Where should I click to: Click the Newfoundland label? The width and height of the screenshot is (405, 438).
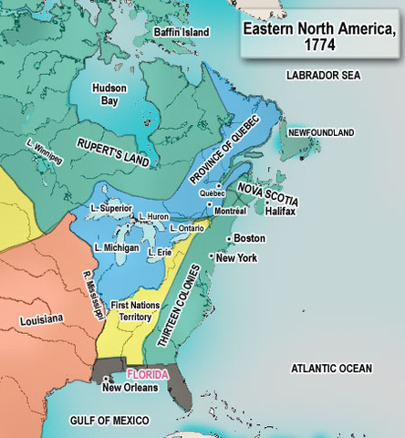[x=320, y=133]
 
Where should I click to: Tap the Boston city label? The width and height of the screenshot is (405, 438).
[x=249, y=238]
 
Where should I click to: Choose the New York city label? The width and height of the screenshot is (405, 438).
[x=234, y=259]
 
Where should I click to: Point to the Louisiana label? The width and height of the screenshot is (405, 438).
[x=40, y=318]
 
